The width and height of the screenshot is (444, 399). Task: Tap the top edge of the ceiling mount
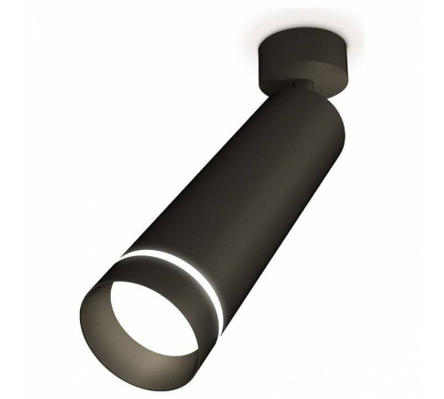pos(297,35)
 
